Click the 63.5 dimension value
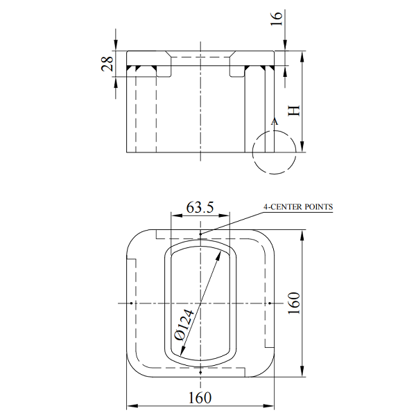[x=200, y=207]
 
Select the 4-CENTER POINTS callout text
[x=298, y=206]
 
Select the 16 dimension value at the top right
[x=277, y=19]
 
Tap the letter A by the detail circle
[x=275, y=121]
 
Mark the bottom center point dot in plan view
[x=200, y=373]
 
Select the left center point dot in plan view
[x=131, y=303]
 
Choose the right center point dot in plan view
[x=270, y=303]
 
